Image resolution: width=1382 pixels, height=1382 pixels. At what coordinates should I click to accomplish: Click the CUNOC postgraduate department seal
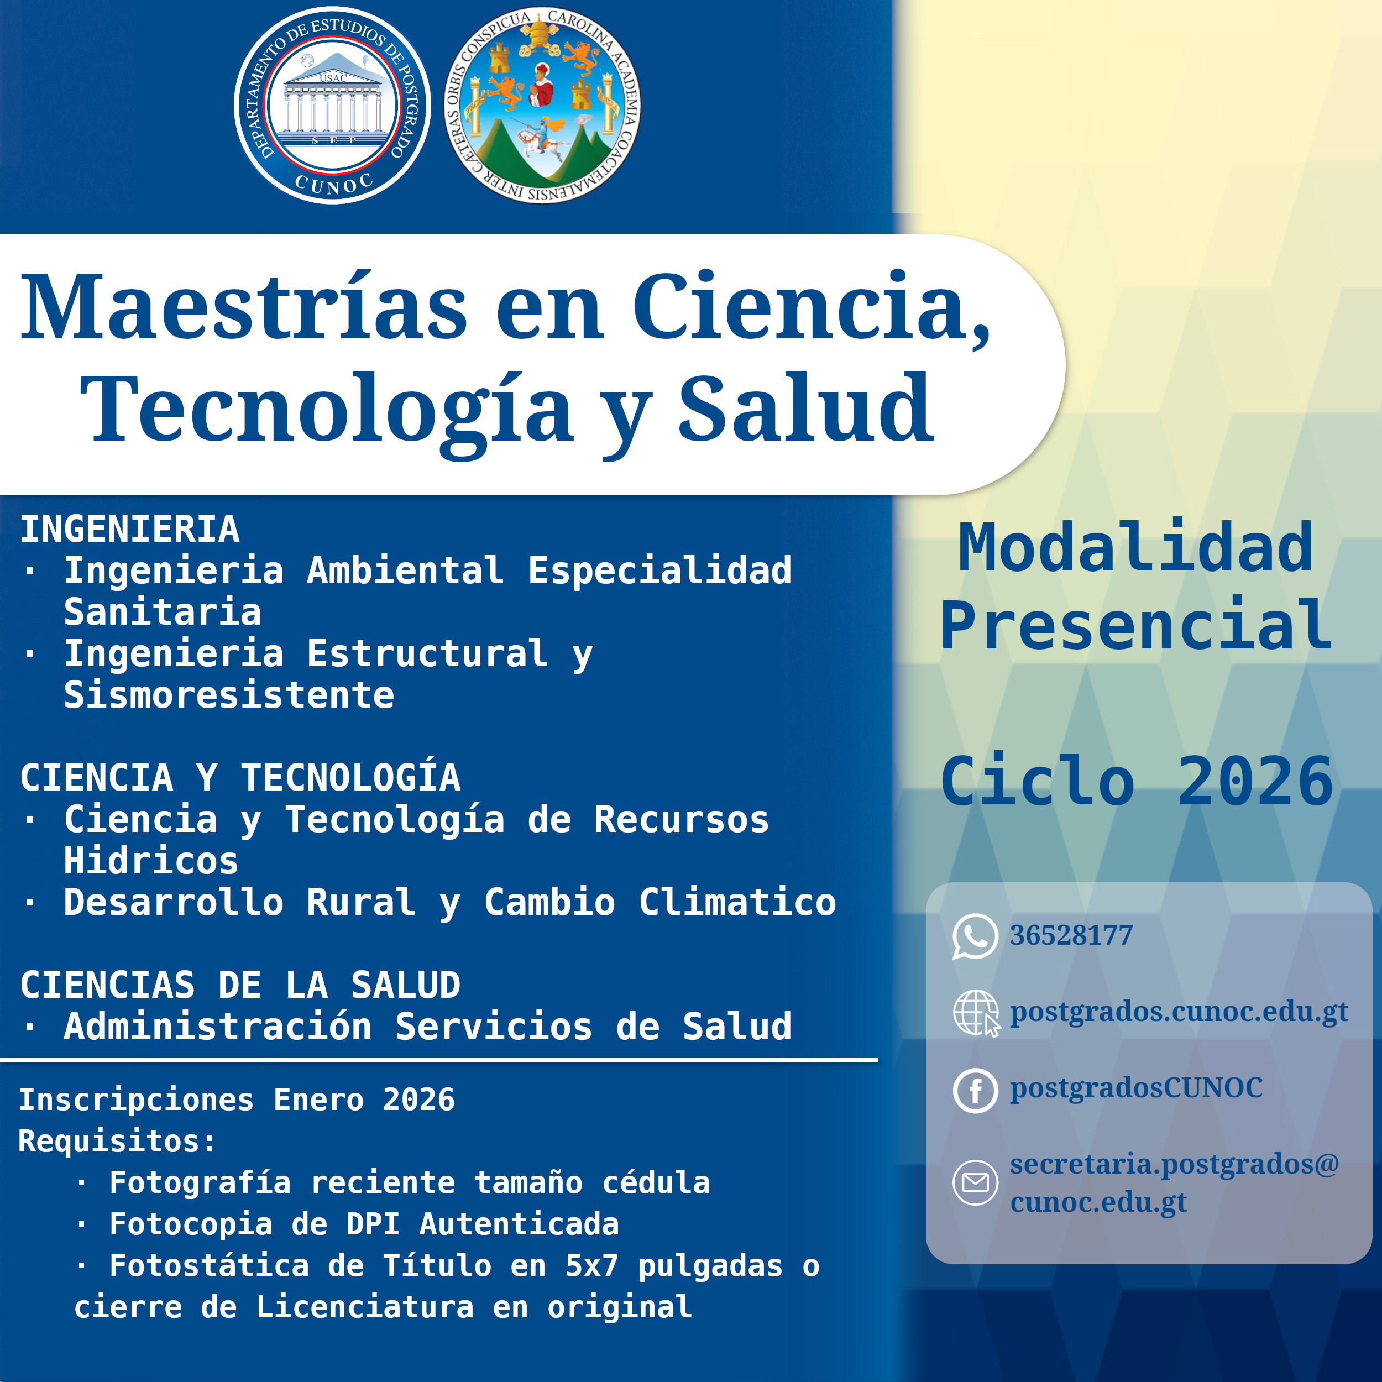(332, 106)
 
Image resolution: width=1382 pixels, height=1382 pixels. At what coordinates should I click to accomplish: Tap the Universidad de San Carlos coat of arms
(542, 106)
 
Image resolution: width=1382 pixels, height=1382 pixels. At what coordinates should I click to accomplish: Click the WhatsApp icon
(975, 936)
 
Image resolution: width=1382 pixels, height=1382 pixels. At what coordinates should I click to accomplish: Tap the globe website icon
(976, 1013)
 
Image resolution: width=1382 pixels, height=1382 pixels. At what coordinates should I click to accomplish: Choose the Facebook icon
(975, 1091)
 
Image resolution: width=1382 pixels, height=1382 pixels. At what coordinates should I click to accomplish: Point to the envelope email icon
(975, 1182)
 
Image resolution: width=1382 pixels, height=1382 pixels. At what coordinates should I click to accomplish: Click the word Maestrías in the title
(244, 307)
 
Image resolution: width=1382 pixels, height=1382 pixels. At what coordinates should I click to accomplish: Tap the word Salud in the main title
(805, 408)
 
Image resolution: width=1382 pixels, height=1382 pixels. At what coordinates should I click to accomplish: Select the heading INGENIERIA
(129, 530)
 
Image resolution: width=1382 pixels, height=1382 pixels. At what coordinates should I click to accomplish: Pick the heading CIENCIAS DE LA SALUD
(240, 985)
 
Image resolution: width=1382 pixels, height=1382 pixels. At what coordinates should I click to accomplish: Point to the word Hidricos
(151, 861)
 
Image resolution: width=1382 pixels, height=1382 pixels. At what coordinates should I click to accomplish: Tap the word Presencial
(1136, 625)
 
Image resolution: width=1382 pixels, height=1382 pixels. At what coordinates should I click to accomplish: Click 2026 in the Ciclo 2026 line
(1255, 781)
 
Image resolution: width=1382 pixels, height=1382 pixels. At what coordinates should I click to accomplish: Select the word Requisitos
(117, 1141)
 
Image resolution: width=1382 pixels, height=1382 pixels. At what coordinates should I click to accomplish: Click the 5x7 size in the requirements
(591, 1265)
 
